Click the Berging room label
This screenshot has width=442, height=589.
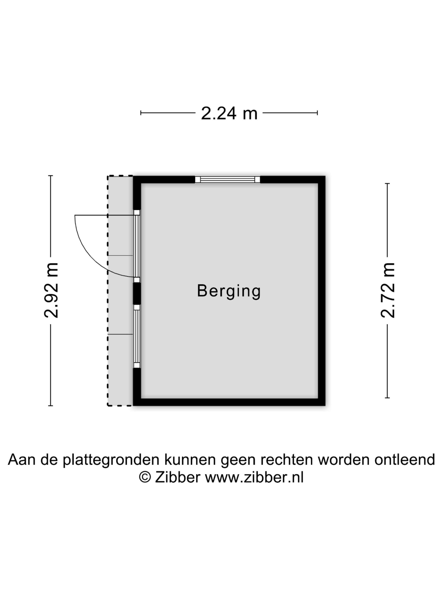229,291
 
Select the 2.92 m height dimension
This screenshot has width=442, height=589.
51,291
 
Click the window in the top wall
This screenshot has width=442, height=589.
227,179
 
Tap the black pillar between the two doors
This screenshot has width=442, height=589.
137,293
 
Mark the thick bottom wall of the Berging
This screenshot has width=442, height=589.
229,402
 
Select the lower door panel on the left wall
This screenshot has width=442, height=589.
137,336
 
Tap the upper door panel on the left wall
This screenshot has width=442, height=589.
137,246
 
